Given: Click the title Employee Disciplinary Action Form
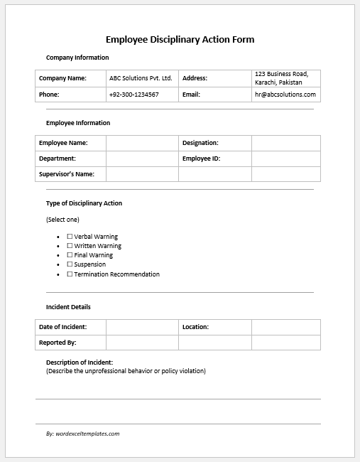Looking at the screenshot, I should pos(180,40).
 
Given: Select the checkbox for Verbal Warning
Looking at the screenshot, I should pos(70,237).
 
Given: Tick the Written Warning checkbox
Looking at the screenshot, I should pos(70,246).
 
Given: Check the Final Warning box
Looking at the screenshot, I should pos(70,255).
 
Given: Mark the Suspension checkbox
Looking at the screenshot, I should pos(70,264).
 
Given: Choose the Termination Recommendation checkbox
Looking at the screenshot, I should pos(70,274).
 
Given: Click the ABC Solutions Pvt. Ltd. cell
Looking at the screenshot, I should pos(141,78).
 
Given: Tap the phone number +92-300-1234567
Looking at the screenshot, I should pos(134,95).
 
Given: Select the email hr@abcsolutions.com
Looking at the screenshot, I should pos(285,95).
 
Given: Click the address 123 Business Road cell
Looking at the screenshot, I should pos(285,78).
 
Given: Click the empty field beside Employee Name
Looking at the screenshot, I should pos(141,143).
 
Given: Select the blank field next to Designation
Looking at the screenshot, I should pos(285,143).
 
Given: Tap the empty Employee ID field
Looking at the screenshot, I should pos(285,159).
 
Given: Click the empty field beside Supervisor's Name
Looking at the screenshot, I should pos(141,174).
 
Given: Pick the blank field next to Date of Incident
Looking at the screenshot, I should pos(141,327).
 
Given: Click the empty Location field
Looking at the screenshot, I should pos(285,327).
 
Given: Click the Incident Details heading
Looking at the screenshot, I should pos(68,307).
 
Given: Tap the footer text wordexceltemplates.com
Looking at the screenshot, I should pos(82,433).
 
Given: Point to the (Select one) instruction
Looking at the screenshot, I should pos(62,220).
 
